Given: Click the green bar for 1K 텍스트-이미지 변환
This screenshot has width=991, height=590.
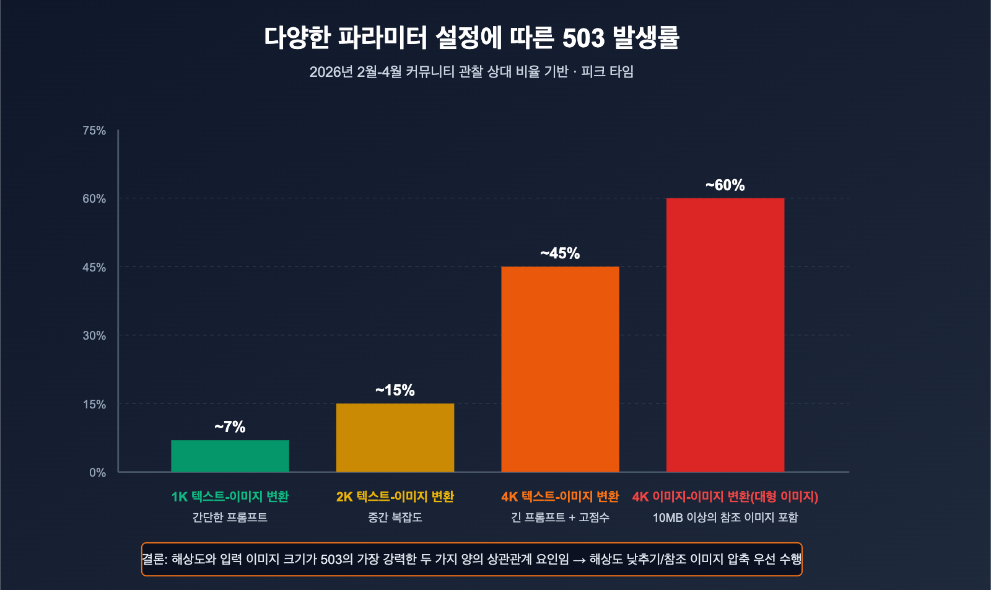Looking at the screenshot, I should click(230, 456).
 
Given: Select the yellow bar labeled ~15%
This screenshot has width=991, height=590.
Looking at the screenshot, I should click(395, 438).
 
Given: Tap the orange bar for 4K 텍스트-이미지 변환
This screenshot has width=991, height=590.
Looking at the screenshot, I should click(560, 369).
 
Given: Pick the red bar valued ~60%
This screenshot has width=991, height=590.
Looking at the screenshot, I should click(725, 335).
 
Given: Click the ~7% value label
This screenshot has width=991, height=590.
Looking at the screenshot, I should click(230, 427).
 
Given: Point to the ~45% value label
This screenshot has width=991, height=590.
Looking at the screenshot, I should click(560, 253).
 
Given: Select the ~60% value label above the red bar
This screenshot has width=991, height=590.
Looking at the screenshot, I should click(725, 185).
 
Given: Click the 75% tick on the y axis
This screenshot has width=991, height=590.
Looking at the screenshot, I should click(94, 131).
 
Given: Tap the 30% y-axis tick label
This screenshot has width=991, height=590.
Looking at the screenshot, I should click(94, 336).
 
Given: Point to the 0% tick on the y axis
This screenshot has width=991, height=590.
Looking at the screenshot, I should click(97, 473).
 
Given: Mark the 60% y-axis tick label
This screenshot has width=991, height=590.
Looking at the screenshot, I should click(94, 199).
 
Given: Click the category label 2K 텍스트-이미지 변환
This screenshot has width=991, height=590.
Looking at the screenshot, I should click(395, 497).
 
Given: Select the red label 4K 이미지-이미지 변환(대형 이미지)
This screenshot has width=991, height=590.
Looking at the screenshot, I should click(725, 497).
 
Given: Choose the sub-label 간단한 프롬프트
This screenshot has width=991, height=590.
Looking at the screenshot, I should click(230, 517).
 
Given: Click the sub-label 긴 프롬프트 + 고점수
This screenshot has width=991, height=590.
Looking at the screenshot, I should click(560, 517).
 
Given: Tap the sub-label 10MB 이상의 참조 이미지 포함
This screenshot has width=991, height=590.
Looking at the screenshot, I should click(725, 517).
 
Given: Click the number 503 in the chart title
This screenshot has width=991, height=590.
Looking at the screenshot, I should click(583, 38).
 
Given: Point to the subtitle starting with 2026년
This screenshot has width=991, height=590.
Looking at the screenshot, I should click(471, 72).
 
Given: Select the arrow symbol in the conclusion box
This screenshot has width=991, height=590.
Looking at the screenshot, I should click(579, 560).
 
